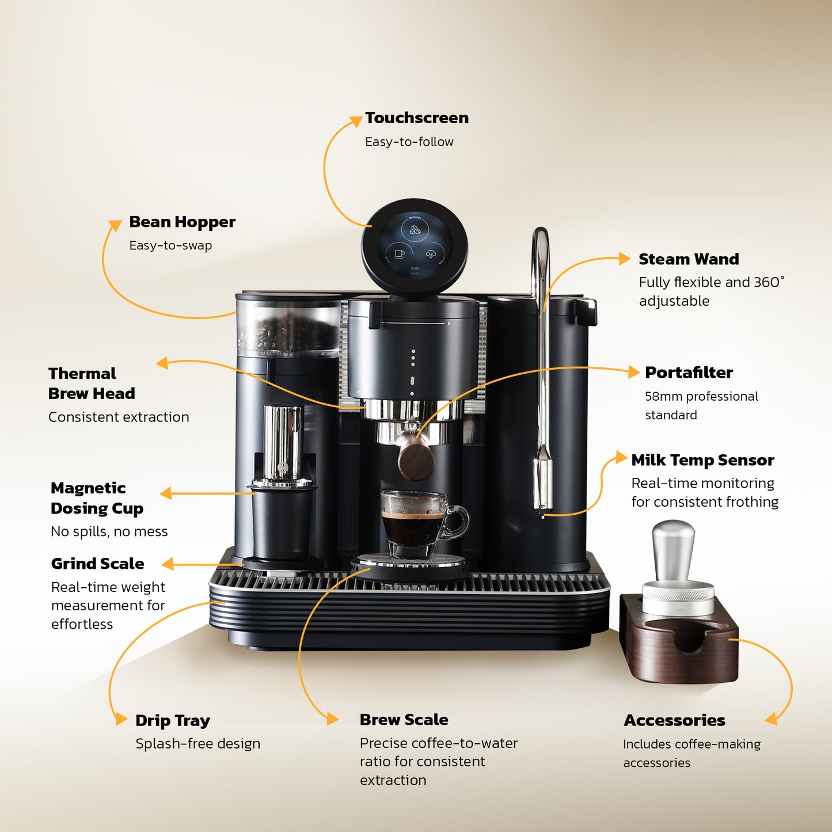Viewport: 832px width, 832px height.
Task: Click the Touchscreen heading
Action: tap(416, 118)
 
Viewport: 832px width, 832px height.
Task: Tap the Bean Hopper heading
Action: tap(182, 222)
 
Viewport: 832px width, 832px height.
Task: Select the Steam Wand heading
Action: tap(689, 259)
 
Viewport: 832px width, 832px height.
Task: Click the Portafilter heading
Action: tap(689, 373)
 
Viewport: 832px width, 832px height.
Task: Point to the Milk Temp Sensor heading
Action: tap(702, 460)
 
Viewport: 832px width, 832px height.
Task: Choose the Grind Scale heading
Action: tap(97, 564)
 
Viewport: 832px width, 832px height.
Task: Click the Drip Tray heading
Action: tap(172, 721)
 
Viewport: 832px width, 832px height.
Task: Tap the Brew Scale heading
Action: tap(404, 720)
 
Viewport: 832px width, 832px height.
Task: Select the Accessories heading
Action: tap(674, 720)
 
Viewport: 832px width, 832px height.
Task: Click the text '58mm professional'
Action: tap(701, 397)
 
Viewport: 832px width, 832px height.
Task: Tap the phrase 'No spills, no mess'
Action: tap(109, 531)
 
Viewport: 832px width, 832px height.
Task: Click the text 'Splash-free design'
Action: tap(197, 744)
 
